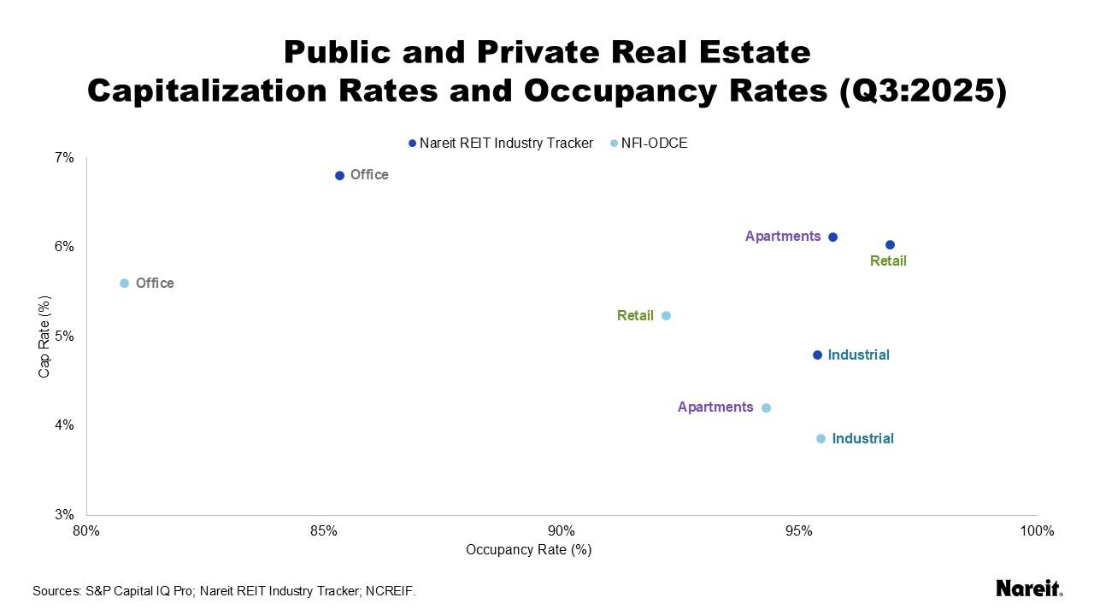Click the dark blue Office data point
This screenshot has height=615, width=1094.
pos(339,175)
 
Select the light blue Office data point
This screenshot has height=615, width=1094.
pos(124,284)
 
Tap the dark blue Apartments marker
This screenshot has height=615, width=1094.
pos(833,237)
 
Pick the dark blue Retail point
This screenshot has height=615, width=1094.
pos(890,245)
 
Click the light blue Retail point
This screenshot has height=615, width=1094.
pos(667,315)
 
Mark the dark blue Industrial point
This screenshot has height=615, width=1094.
pos(817,354)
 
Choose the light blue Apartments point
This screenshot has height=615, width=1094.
pos(766,407)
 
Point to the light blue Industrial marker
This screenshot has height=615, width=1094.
pos(820,438)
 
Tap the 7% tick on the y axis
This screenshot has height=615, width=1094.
pos(65,158)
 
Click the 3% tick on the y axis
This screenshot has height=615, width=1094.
pos(65,515)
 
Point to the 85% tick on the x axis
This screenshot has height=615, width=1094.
pos(324,531)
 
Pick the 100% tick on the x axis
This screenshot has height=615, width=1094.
pos(1037,531)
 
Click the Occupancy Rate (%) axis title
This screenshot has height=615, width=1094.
pos(528,550)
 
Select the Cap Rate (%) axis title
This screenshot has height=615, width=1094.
pos(44,337)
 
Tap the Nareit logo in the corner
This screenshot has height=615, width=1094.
pos(1029,588)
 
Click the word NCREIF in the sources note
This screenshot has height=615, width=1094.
pos(390,591)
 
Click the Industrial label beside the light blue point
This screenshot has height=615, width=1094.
pos(862,438)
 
